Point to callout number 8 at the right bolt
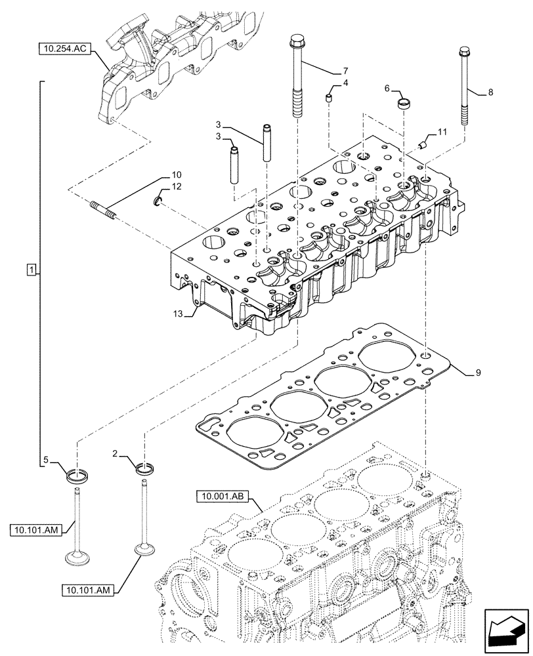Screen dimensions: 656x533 pos(490,94)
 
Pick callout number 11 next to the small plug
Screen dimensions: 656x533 pos(442,132)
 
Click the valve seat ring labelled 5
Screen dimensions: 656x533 pos(77,473)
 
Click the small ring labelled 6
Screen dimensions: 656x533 pos(406,104)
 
